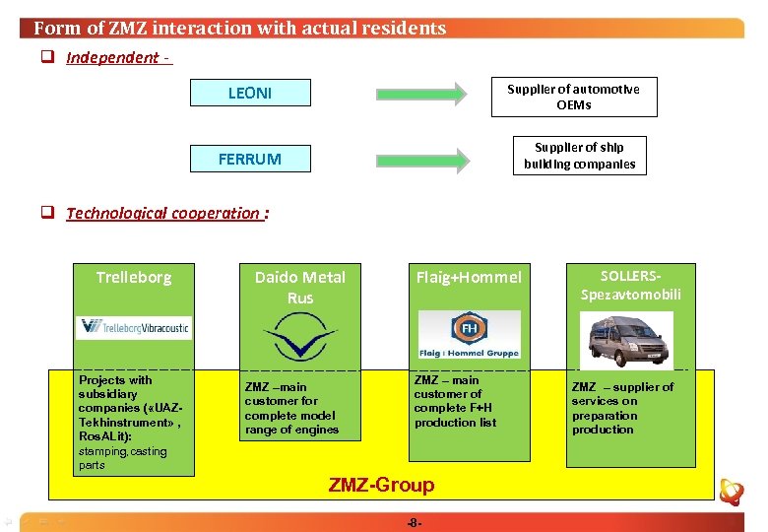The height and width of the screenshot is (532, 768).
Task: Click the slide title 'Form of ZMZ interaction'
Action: [x=239, y=28]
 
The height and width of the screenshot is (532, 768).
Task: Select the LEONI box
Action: [x=250, y=94]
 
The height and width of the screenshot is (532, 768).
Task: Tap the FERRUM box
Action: [x=250, y=159]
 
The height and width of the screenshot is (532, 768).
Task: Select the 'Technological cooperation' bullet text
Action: [x=163, y=213]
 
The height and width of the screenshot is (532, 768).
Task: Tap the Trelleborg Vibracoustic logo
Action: [x=134, y=327]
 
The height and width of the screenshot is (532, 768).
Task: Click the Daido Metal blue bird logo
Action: [x=300, y=338]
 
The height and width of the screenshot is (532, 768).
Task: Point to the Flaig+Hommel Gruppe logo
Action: [x=469, y=335]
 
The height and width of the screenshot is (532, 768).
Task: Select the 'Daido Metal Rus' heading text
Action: [x=300, y=287]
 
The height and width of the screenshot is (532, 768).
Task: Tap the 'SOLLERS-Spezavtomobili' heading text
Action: [x=630, y=286]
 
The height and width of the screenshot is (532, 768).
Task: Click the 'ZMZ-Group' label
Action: [x=381, y=485]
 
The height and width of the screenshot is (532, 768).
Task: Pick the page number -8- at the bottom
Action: [x=414, y=522]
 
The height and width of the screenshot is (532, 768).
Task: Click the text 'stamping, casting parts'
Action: [x=123, y=458]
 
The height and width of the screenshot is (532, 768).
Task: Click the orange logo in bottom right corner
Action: [x=731, y=492]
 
